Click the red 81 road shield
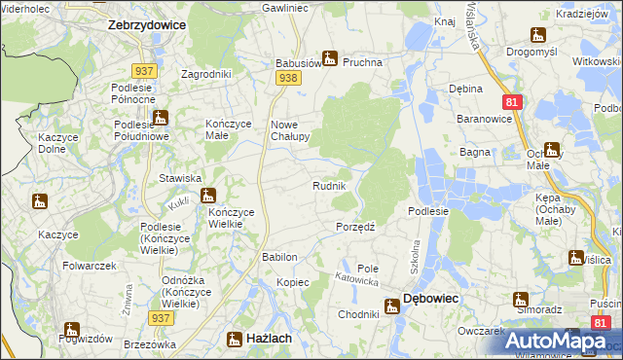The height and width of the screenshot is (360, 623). point(511,101)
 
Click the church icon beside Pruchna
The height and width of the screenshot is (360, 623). point(330,58)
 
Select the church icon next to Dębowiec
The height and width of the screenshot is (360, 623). point(391,306)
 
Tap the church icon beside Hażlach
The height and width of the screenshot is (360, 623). point(235,339)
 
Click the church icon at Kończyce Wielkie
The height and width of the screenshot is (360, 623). point(207,197)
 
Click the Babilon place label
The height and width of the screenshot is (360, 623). point(278,257)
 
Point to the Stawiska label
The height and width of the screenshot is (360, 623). point(180,178)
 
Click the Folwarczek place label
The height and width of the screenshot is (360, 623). point(90,265)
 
